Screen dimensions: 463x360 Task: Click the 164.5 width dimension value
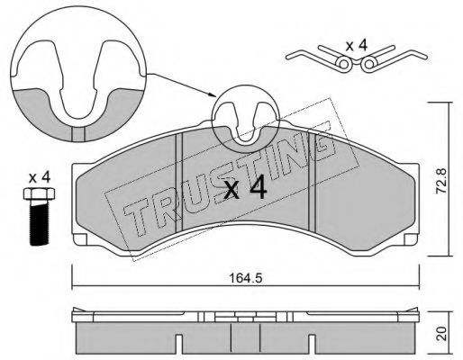[246, 278]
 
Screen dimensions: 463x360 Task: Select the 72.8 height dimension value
[441, 181]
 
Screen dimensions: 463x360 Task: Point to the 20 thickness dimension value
[441, 333]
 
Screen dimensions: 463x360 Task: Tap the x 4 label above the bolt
[39, 178]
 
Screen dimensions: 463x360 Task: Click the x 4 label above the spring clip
[356, 46]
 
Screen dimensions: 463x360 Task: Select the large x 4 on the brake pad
[246, 188]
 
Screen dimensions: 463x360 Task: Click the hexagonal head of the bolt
[39, 194]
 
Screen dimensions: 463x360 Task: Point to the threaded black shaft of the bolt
[39, 223]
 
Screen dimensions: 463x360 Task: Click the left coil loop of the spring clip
[344, 64]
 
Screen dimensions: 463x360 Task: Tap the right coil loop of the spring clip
[368, 64]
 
